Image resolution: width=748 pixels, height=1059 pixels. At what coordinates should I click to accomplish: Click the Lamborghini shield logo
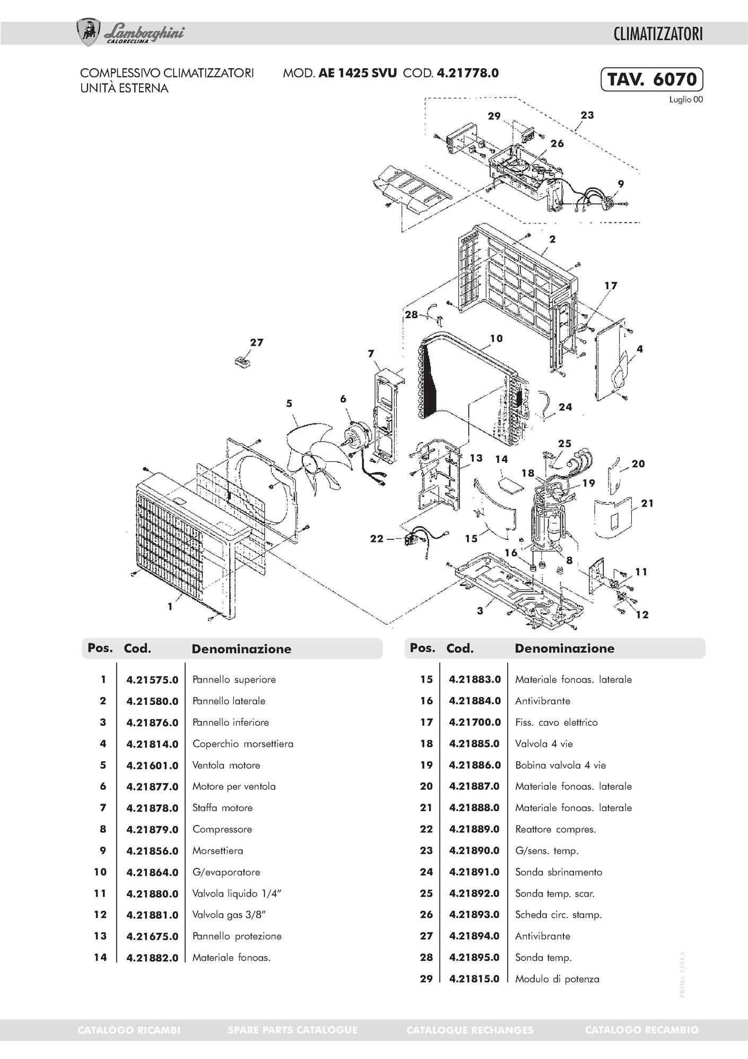click(x=89, y=32)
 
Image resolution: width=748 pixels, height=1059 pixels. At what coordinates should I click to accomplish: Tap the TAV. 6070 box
click(x=652, y=79)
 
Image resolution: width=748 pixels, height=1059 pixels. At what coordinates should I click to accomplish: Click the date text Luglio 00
click(x=685, y=100)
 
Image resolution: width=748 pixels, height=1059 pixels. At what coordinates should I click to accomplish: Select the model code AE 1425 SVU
click(x=357, y=73)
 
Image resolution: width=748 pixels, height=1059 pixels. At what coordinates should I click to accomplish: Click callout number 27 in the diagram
click(x=257, y=342)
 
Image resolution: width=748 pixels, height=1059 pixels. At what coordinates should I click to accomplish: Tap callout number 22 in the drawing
click(x=376, y=538)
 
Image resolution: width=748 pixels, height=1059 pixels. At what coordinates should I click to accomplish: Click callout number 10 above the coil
click(x=496, y=338)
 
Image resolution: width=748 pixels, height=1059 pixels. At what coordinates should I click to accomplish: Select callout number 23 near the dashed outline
click(x=587, y=115)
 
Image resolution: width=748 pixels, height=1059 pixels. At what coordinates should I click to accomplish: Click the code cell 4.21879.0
click(x=152, y=829)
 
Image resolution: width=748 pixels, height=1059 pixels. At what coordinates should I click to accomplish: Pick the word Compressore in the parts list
click(x=222, y=829)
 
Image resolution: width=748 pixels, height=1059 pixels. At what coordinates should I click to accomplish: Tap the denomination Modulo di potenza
click(x=557, y=979)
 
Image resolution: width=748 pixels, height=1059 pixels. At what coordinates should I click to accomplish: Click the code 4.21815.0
click(x=474, y=979)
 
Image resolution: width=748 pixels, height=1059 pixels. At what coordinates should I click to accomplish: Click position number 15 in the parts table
click(x=427, y=679)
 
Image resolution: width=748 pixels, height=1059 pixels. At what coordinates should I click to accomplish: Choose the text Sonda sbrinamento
click(x=559, y=872)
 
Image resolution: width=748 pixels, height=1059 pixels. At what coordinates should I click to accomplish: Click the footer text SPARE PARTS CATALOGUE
click(x=292, y=1030)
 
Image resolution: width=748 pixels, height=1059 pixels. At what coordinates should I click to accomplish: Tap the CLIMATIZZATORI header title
click(x=658, y=35)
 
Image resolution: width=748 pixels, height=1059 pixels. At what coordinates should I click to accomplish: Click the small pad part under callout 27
click(x=243, y=361)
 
